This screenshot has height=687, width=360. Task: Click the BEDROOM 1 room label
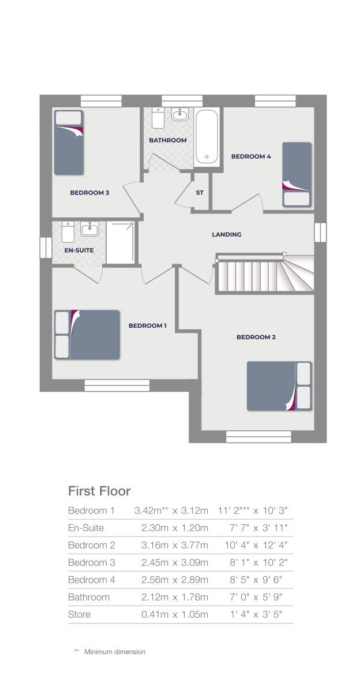pyautogui.click(x=147, y=325)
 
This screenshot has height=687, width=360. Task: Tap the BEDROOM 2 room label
pyautogui.click(x=256, y=337)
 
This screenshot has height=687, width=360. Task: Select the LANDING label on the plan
pyautogui.click(x=227, y=235)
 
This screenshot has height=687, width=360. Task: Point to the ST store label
pyautogui.click(x=200, y=193)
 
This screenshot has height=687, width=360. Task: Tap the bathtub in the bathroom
pyautogui.click(x=207, y=137)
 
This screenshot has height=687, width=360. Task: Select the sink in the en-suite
pyautogui.click(x=89, y=230)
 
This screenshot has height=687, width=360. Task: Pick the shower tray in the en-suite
pyautogui.click(x=121, y=242)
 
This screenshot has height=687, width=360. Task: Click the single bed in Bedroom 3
pyautogui.click(x=69, y=143)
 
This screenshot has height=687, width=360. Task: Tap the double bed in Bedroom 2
pyautogui.click(x=279, y=386)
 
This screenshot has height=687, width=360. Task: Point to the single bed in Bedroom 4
pyautogui.click(x=297, y=174)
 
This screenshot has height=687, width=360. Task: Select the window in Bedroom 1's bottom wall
pyautogui.click(x=117, y=383)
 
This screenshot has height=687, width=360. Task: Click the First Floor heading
pyautogui.click(x=99, y=491)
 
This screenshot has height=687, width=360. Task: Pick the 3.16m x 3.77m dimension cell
pyautogui.click(x=175, y=545)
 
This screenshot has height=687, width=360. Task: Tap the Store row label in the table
pyautogui.click(x=80, y=614)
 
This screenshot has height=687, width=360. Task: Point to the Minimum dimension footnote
pyautogui.click(x=114, y=652)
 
